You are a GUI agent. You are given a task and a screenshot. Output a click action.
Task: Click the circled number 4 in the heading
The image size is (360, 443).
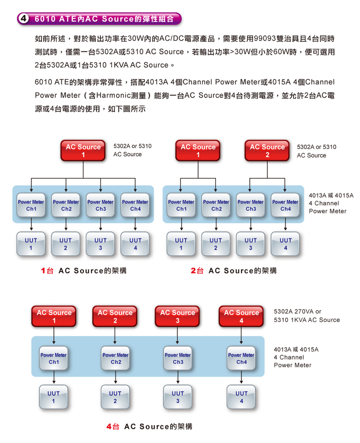[x=23, y=19]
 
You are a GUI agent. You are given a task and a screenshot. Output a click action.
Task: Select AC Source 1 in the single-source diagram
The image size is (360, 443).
[x=83, y=150]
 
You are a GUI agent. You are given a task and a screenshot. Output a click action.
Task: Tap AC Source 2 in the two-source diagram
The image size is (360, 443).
[x=267, y=150]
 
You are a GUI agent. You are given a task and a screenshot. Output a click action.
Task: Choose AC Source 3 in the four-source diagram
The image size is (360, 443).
[x=178, y=316]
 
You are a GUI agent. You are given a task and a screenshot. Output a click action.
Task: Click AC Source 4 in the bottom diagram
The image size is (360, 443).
[x=242, y=316]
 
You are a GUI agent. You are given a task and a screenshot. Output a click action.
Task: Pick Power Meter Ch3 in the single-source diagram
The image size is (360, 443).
[x=100, y=205]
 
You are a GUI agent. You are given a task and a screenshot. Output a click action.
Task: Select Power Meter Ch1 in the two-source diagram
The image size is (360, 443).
[x=181, y=205]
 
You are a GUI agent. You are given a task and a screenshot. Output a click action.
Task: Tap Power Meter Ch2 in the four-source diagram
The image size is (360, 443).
[x=116, y=358]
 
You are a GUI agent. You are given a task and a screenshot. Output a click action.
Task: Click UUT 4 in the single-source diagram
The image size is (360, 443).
[x=135, y=244]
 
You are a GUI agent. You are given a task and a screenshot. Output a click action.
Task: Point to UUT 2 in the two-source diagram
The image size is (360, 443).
[x=216, y=244]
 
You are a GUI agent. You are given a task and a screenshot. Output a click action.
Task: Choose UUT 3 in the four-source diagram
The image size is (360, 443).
[x=178, y=397]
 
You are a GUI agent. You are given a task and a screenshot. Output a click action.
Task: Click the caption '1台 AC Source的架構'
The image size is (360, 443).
[x=83, y=271]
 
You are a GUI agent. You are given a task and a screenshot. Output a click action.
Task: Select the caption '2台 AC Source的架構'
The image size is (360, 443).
[x=234, y=271]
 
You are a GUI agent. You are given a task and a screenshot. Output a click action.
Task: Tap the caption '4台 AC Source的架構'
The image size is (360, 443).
[x=149, y=426]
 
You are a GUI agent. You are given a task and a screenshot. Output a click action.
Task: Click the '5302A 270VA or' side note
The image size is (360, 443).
[x=297, y=312]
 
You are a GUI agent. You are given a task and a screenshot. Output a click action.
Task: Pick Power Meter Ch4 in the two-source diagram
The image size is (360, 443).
[x=285, y=205]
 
